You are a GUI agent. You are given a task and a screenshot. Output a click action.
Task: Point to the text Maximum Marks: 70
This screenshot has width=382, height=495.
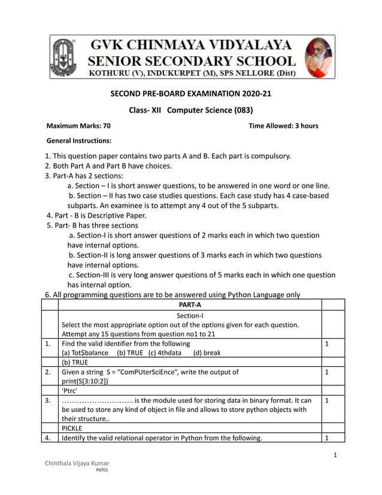tap(78, 126)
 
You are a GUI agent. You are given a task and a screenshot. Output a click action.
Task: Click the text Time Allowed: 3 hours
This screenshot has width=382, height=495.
tap(283, 126)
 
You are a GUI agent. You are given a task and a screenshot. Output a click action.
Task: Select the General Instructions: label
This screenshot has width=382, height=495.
tap(79, 141)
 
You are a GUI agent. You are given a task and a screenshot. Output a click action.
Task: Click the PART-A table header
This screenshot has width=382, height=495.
tap(190, 305)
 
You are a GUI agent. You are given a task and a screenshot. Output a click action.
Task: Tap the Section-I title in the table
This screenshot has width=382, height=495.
tap(190, 315)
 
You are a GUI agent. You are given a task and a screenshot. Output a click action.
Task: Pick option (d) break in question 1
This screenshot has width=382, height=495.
tap(207, 353)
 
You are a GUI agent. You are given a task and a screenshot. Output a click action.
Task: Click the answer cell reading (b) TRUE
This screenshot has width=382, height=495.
tap(75, 363)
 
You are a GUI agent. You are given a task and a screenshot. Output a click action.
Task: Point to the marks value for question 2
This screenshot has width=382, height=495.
tap(326, 372)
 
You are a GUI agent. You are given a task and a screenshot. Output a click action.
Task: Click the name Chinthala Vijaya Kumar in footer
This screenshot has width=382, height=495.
tap(77, 464)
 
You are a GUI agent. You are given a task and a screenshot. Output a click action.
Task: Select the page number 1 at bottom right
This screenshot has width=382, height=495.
tap(336, 455)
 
